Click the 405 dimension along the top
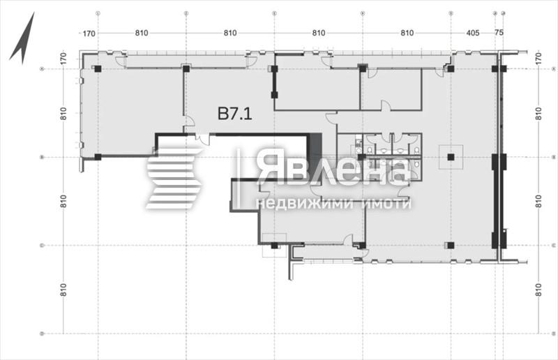473,33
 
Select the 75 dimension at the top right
498,33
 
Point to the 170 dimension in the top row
89,33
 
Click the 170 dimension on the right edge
538,60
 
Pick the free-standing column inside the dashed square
451,157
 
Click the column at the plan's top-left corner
98,68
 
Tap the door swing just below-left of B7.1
189,123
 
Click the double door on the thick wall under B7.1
202,139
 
